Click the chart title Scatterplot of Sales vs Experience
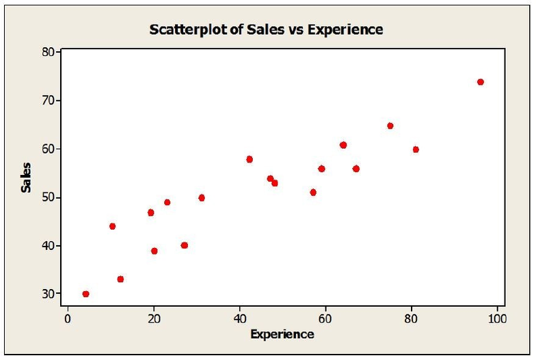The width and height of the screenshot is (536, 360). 266,29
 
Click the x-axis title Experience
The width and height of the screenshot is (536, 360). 282,334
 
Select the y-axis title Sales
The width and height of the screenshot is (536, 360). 27,177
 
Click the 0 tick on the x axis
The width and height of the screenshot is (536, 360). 68,318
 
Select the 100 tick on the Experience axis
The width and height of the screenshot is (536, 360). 496,318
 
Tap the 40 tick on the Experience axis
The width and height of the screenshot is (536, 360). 239,318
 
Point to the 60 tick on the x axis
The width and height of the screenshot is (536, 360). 325,318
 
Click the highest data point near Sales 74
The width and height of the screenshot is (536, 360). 480,82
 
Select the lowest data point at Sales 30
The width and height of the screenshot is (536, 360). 85,294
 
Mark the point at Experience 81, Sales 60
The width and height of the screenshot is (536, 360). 416,150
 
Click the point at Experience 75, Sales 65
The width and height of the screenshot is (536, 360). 390,126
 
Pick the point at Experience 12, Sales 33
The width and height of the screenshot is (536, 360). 120,279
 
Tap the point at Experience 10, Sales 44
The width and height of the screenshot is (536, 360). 112,226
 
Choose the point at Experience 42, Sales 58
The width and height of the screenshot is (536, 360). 249,159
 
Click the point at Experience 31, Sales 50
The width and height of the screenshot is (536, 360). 201,198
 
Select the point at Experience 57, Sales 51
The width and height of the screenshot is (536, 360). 313,193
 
